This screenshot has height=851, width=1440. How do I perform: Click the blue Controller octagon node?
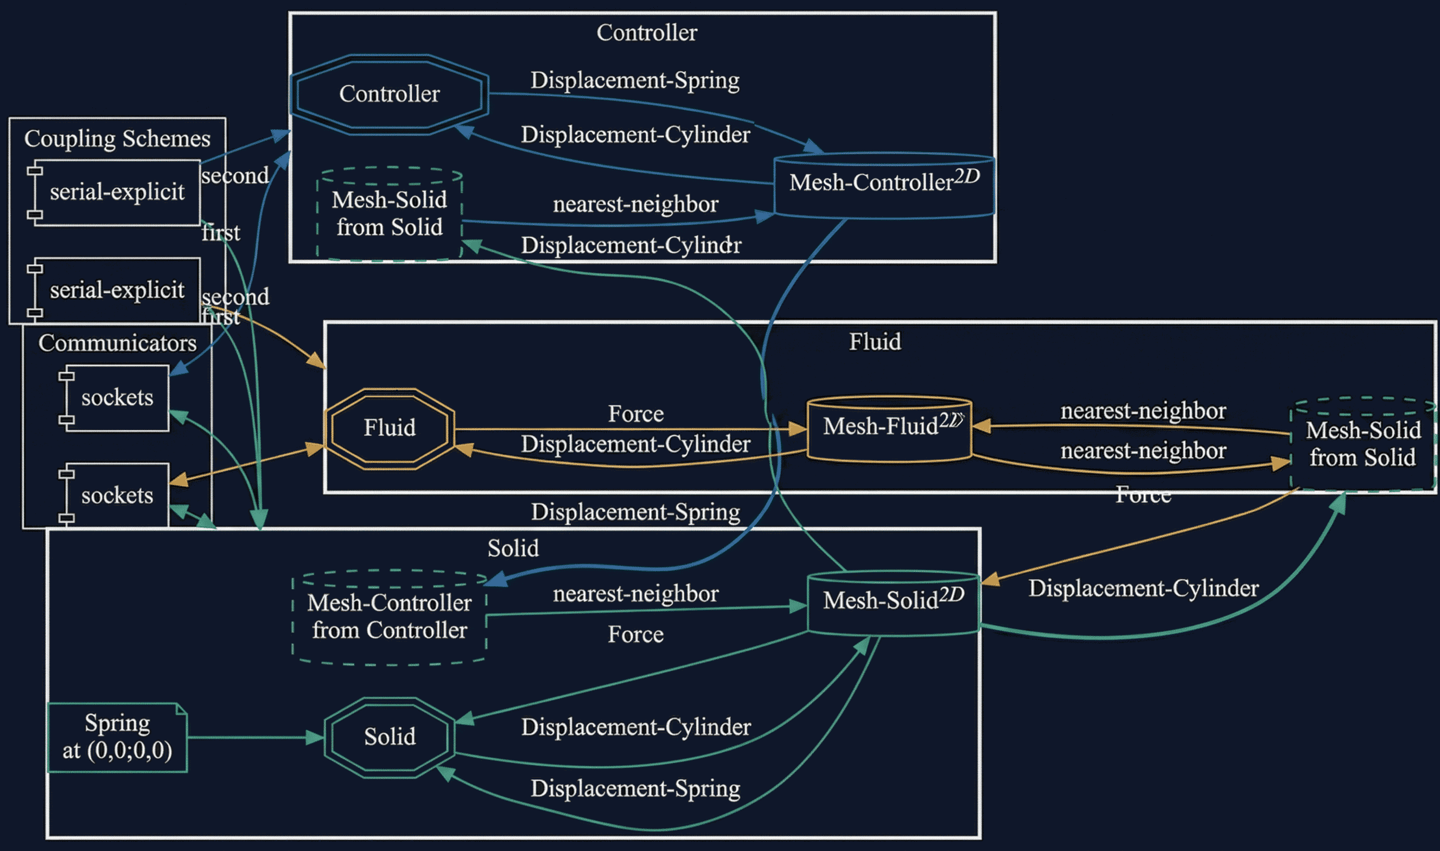[389, 94]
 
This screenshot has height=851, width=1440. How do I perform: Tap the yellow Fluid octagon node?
[389, 428]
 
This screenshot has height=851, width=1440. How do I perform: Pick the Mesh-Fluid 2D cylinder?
[889, 428]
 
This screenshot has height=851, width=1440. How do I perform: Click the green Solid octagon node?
[389, 737]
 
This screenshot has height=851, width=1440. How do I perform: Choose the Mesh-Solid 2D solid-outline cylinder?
[893, 602]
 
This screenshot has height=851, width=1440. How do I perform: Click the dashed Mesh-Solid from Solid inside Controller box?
[389, 214]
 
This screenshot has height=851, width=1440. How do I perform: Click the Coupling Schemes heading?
[117, 139]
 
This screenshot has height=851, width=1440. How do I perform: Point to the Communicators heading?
[117, 343]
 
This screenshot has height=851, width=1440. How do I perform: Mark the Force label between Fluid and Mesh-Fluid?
[635, 414]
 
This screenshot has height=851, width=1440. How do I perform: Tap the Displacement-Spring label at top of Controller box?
[635, 80]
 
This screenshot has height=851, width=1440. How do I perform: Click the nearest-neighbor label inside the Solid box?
[635, 594]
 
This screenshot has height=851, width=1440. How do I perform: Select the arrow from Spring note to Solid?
[255, 737]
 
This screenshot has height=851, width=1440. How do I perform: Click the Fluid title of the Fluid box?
[874, 342]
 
